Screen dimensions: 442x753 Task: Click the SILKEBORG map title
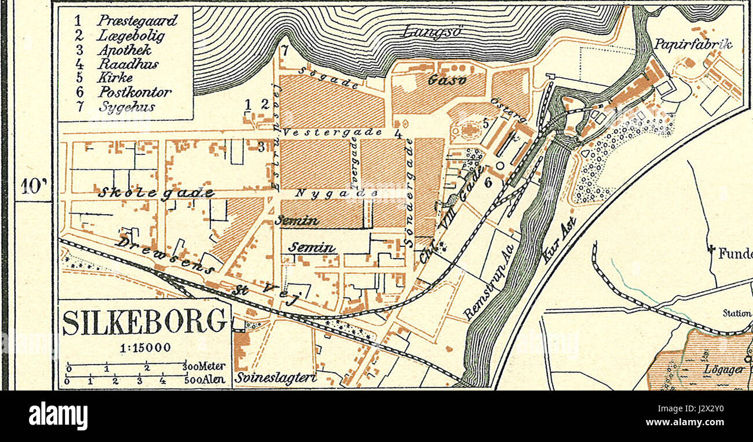(x=145, y=322)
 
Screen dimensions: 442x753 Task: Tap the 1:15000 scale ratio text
(x=145, y=348)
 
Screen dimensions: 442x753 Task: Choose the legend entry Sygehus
(x=126, y=106)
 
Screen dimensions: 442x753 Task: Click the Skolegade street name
(x=156, y=193)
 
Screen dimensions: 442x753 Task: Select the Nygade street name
(x=335, y=193)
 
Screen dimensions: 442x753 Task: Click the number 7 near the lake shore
(x=284, y=49)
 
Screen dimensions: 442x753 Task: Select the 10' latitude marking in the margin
(x=33, y=186)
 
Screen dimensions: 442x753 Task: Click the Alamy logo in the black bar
(x=58, y=416)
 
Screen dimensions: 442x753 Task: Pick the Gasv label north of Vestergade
(x=447, y=80)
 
